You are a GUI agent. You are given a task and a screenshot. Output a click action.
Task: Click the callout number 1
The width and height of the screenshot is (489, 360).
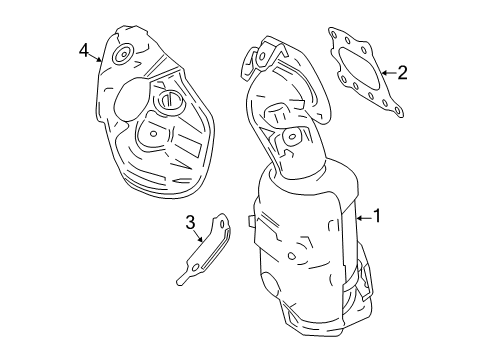pos(377,213)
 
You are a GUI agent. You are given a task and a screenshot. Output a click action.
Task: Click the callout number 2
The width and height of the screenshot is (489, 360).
pos(402,71)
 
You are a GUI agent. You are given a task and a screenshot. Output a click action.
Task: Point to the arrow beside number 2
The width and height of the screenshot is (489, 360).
pos(387,71)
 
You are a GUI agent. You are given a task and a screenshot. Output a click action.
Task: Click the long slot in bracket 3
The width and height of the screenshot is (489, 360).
pos(207,259)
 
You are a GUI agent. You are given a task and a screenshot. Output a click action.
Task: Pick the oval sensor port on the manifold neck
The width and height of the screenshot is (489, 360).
pos(293,136)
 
